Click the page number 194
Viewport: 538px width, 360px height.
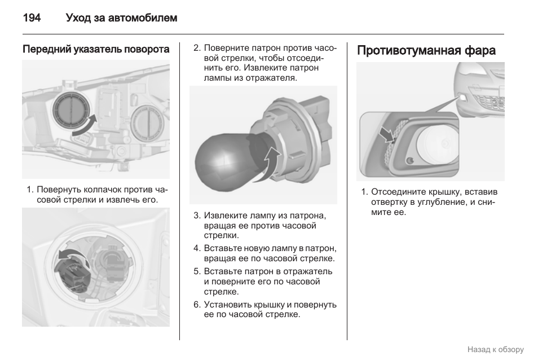tap(32, 18)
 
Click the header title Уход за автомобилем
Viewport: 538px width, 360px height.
tap(121, 18)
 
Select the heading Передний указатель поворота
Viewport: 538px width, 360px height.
tap(96, 50)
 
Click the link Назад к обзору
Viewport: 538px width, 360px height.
tap(495, 349)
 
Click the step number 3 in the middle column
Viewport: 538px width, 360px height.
tap(197, 216)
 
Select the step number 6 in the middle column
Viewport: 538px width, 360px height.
tap(197, 305)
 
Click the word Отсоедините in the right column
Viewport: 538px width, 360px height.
tap(397, 192)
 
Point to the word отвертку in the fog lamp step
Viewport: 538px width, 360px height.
tap(389, 202)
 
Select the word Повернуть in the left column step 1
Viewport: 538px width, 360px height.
tap(60, 190)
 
